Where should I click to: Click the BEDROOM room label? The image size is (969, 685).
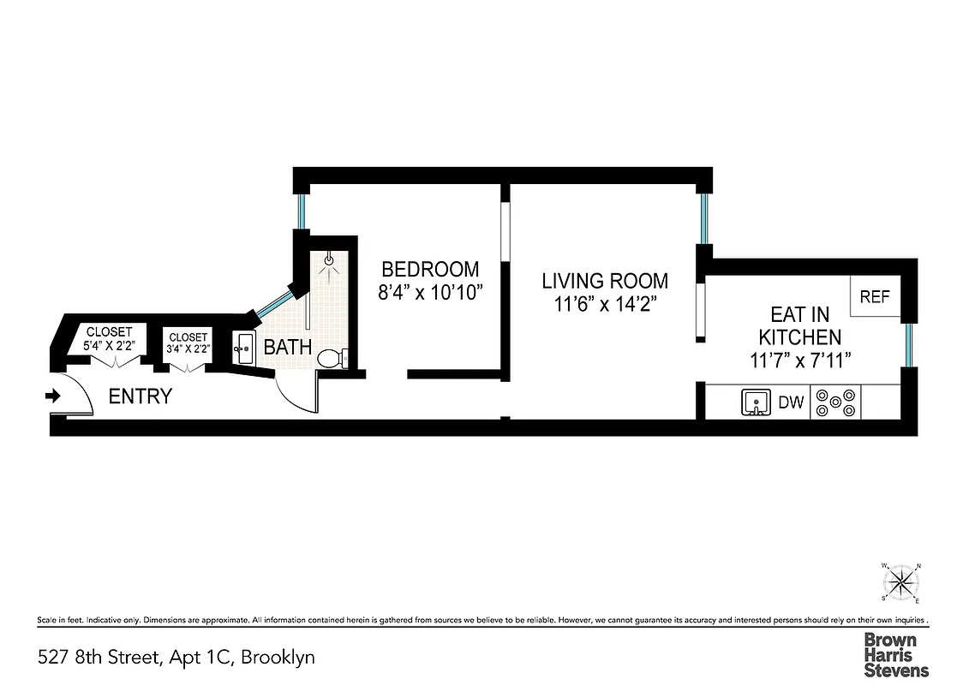coord(430,268)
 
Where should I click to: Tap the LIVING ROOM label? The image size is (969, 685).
coord(605,281)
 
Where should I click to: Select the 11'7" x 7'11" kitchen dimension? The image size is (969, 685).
coord(799,360)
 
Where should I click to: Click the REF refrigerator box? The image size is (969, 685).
coord(875,298)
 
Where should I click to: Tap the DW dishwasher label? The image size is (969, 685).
coord(791,402)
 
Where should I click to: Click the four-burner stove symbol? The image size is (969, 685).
coord(835,402)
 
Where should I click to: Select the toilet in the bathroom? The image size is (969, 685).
coord(331,359)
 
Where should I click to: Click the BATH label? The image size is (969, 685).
coord(287,348)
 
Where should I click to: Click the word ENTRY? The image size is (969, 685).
coord(140,396)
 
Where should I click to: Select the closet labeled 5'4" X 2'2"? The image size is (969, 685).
coord(108,339)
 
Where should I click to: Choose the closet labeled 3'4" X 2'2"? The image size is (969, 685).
coord(188,343)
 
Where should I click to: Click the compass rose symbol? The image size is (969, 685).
coord(900,584)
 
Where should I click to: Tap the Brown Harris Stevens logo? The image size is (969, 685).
coord(895,655)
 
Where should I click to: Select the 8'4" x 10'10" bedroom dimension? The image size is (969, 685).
coord(431,292)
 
